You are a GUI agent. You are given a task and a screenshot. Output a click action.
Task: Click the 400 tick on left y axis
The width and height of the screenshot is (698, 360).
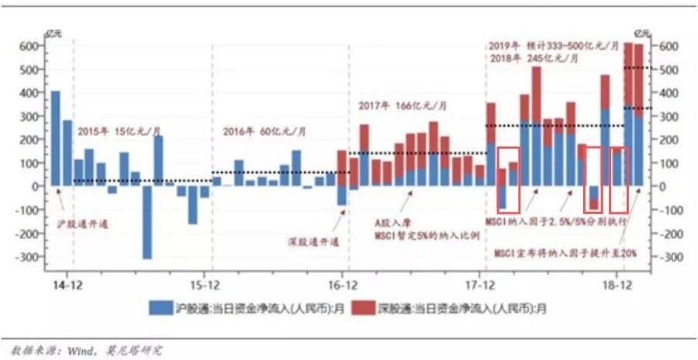(32, 93)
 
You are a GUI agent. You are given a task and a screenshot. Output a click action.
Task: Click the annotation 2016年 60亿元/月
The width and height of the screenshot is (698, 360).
(264, 131)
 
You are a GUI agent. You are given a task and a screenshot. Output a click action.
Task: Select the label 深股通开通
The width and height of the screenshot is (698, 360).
(309, 242)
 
